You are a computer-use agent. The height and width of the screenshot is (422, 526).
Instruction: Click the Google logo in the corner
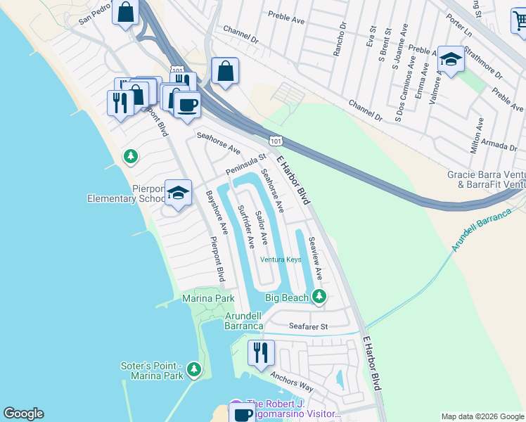23,414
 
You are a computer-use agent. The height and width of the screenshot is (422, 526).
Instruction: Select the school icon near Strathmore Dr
451,61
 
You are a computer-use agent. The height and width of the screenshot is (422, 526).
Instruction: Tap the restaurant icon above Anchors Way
261,354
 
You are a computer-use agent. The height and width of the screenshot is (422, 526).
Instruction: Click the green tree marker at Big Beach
319,296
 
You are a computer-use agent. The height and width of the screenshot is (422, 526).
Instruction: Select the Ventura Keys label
281,260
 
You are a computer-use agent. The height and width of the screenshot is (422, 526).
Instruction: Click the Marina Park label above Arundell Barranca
208,299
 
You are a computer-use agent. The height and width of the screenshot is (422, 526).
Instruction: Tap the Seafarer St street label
309,326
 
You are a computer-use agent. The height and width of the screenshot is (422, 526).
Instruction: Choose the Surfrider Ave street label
245,226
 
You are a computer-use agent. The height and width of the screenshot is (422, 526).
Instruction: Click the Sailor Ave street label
261,227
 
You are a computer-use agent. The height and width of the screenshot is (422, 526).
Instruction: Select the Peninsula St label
246,165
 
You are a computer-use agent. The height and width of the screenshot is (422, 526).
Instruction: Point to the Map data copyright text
482,416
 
